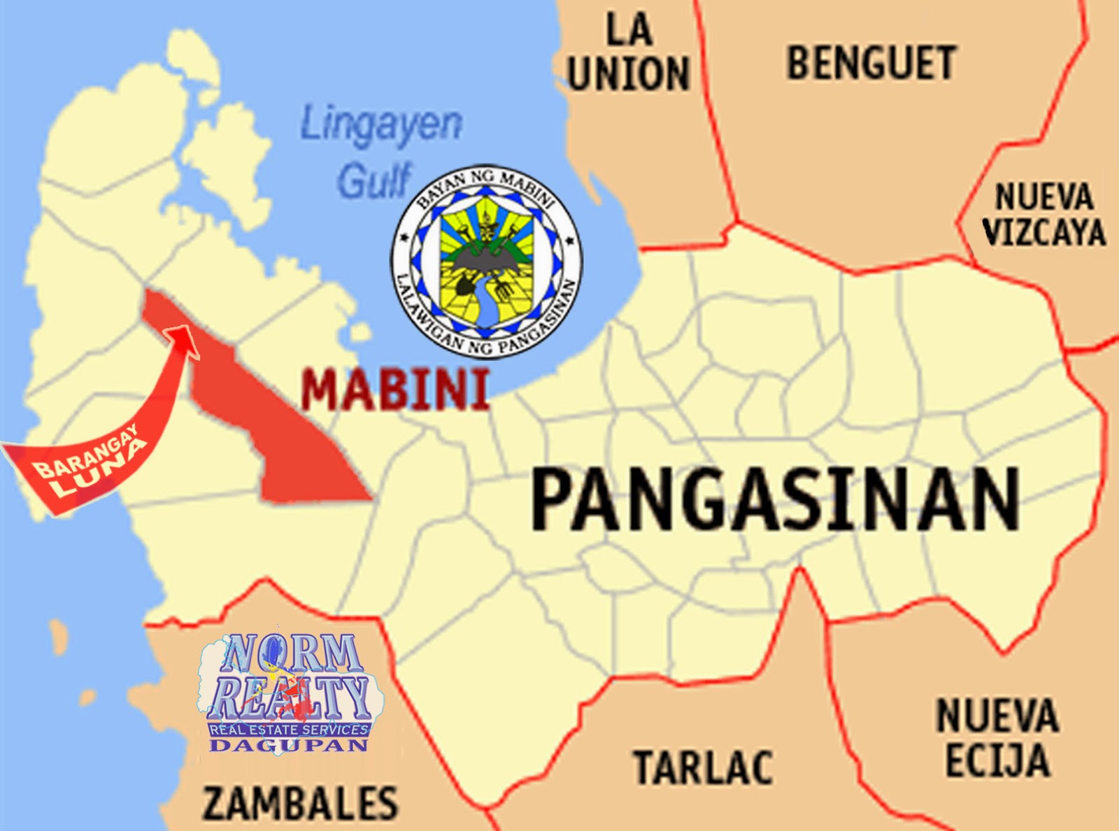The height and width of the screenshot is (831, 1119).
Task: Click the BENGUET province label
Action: tap(871, 63)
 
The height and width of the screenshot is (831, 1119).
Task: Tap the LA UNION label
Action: tap(629, 53)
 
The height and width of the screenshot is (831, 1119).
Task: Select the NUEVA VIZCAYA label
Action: tap(1043, 215)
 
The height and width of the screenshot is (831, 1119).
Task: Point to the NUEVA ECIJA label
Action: tap(997, 738)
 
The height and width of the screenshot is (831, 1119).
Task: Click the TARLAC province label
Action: tap(703, 767)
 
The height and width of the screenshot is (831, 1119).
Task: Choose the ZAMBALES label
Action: tap(300, 802)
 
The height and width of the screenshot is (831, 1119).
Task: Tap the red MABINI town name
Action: tap(395, 390)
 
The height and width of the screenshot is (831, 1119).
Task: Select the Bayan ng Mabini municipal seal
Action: tap(487, 263)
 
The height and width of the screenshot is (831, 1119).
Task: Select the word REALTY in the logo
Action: tap(289, 698)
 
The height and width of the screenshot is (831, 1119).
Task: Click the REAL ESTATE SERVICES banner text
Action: tap(289, 730)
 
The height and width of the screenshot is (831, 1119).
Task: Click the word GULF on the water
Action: tap(374, 180)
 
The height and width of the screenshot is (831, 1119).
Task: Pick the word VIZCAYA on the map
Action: tap(1044, 232)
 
